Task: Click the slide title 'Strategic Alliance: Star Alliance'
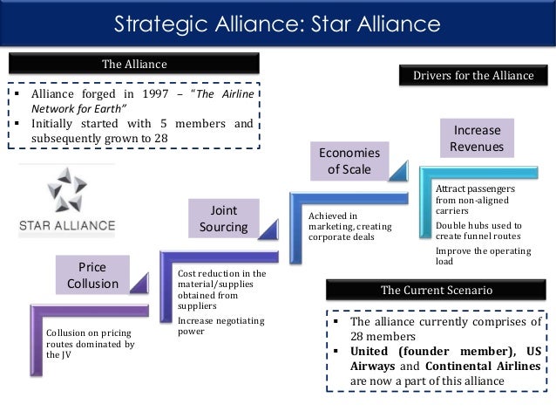pos(278,21)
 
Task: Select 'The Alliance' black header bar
pos(134,64)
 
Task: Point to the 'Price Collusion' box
pos(92,275)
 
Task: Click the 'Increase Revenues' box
pos(478,138)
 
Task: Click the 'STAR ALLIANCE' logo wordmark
pos(67,225)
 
